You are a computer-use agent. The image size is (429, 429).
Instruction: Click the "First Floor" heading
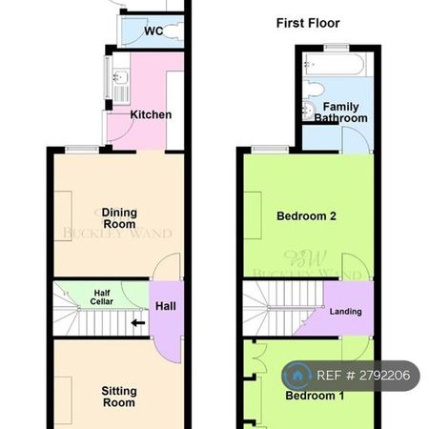tap(307, 23)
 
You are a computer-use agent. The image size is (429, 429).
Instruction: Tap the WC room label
tap(153, 31)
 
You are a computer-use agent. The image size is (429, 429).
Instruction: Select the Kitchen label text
tap(151, 114)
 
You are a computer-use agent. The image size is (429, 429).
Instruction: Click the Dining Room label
tap(119, 217)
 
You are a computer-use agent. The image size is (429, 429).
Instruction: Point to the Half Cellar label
tap(102, 296)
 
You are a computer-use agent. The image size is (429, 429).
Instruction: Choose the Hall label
tap(165, 306)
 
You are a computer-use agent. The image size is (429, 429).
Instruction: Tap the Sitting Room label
tap(119, 397)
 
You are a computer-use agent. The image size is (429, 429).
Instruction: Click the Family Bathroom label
tap(341, 112)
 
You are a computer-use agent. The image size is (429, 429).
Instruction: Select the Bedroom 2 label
tap(306, 216)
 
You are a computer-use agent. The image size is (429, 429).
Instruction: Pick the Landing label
tap(345, 312)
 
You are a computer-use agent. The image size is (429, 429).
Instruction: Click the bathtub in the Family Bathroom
tap(331, 66)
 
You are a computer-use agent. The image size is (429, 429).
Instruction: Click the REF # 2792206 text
tap(365, 376)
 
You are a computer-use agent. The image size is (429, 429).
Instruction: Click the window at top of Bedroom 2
tap(273, 150)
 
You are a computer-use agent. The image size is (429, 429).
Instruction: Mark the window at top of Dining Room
tap(82, 149)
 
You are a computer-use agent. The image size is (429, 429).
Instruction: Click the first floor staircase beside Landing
tap(276, 310)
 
